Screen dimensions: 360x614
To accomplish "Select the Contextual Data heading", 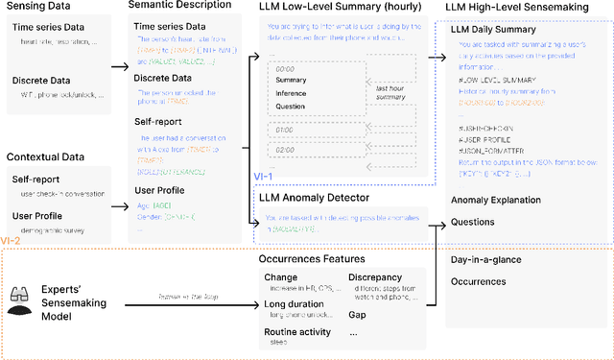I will click(45, 156).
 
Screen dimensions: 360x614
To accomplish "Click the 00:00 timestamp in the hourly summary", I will click(285, 69).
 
